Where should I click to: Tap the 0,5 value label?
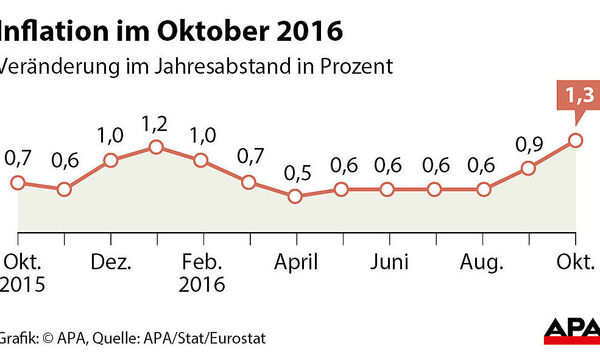[x=295, y=172]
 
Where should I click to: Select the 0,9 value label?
[x=529, y=146]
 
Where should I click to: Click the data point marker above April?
[x=295, y=196]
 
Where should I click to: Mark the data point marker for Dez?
[x=111, y=160]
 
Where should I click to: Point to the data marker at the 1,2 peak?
[x=156, y=148]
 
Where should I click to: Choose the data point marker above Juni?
[x=387, y=189]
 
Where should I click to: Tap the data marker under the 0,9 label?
[x=528, y=169]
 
